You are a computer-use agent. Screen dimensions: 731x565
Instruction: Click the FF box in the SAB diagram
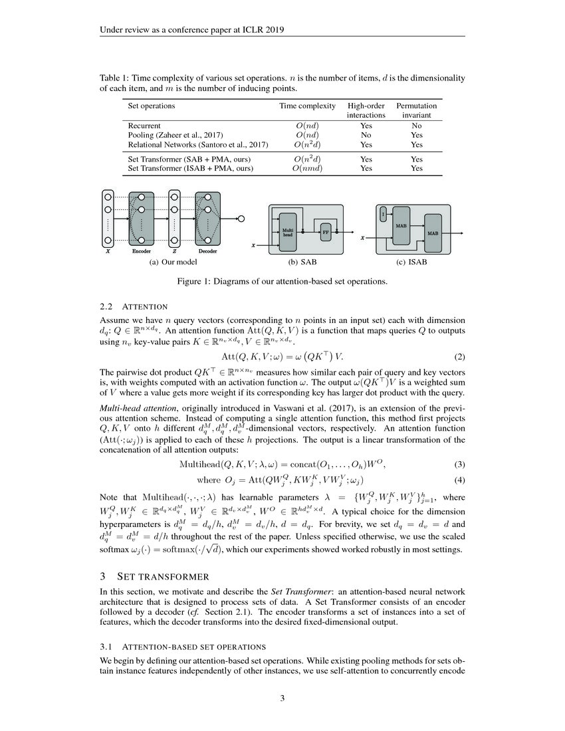click(x=326, y=233)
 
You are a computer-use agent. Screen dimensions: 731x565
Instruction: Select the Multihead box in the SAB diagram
click(x=288, y=232)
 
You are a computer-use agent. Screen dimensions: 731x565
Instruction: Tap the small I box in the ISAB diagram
click(x=383, y=213)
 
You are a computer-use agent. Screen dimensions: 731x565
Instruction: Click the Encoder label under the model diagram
click(x=142, y=253)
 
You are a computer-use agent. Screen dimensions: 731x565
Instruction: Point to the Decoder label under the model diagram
click(x=208, y=253)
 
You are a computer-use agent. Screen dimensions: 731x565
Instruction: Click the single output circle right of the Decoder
click(x=241, y=217)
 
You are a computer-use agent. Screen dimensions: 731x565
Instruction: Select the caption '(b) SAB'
click(x=302, y=262)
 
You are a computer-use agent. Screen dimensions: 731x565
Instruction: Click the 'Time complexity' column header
click(x=307, y=106)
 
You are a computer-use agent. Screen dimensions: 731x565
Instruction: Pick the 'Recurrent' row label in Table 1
click(x=144, y=125)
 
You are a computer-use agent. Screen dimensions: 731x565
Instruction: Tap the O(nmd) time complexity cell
click(x=307, y=169)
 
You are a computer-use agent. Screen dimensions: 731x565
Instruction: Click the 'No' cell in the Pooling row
click(x=366, y=135)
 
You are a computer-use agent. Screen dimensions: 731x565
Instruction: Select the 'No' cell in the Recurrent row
click(x=416, y=125)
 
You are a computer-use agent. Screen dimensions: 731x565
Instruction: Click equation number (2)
click(x=459, y=356)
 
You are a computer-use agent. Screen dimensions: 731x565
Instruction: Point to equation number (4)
click(x=459, y=480)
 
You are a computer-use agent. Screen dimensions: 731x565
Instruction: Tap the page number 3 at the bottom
click(x=282, y=698)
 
